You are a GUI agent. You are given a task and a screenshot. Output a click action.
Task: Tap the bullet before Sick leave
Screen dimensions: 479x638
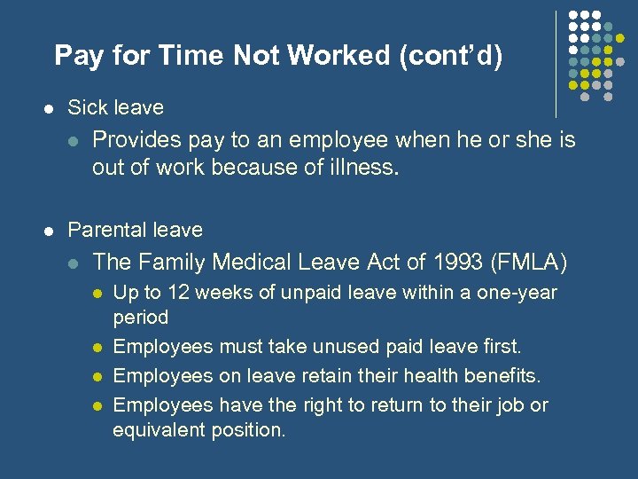click(50, 108)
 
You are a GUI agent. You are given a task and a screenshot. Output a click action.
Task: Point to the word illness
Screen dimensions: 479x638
click(367, 168)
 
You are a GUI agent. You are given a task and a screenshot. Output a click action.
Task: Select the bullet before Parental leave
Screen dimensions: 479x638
click(50, 231)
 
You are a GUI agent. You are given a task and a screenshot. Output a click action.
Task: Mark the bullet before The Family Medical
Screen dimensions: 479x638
click(74, 263)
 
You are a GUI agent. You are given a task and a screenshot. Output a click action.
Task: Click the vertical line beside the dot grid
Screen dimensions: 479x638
click(556, 62)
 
